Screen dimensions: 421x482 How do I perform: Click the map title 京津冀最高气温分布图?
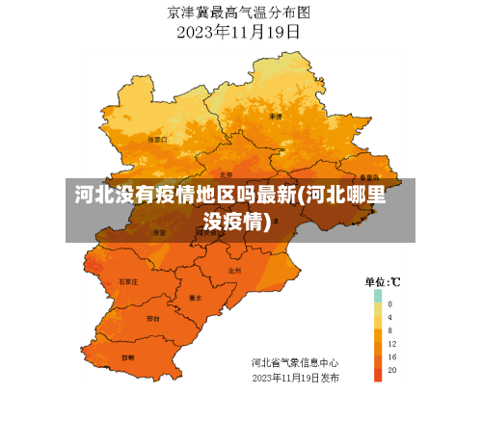[239, 13]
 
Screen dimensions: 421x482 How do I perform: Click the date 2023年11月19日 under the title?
[239, 31]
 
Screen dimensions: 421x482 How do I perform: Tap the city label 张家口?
[157, 139]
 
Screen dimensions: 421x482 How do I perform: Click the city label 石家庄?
[127, 281]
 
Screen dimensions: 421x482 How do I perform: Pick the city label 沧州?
[233, 271]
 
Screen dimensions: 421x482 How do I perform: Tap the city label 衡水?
[196, 298]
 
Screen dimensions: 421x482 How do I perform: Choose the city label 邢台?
[152, 317]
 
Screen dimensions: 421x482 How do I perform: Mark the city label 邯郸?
[128, 355]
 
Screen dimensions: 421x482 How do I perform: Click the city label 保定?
[160, 232]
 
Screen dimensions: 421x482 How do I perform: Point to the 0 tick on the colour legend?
[390, 303]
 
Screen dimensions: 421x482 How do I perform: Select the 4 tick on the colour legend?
[390, 317]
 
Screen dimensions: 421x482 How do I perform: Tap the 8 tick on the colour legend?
[390, 330]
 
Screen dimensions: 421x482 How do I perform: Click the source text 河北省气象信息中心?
[295, 363]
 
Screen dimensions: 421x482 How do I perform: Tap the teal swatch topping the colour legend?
[378, 296]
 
